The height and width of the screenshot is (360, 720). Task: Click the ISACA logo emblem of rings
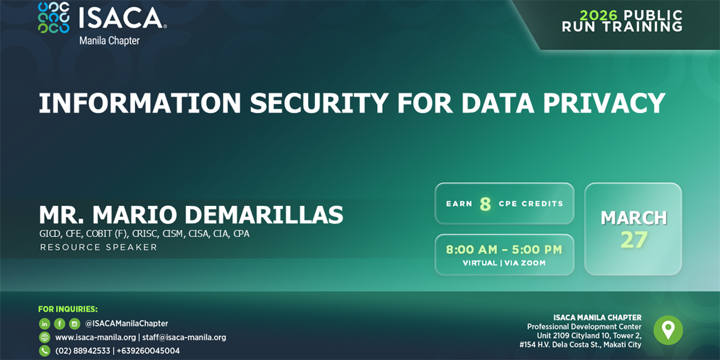(53, 17)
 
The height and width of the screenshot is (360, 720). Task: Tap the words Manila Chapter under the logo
(109, 41)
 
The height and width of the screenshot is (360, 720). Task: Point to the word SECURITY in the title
(319, 103)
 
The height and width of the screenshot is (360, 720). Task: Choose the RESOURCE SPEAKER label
(98, 247)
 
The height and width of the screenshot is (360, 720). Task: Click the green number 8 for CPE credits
(485, 204)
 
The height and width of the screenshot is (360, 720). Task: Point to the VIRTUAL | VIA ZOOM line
(504, 263)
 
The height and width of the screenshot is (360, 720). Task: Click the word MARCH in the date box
(634, 217)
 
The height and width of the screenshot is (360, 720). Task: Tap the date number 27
(634, 240)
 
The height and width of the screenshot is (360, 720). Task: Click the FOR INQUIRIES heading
(68, 309)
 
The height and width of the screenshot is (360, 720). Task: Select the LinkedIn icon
(44, 323)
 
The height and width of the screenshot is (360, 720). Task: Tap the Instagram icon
(74, 323)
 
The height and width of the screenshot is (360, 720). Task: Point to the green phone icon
(44, 351)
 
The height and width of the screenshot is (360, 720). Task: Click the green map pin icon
(668, 330)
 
